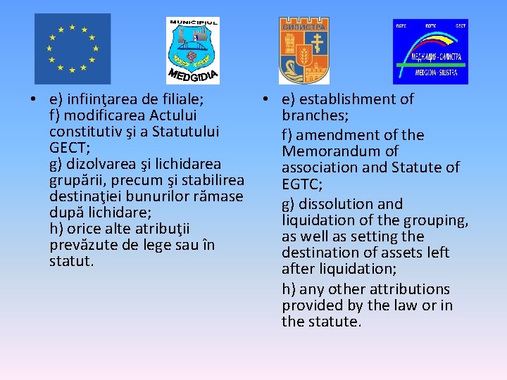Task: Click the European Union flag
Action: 73,49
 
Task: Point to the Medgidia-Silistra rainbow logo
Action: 430,51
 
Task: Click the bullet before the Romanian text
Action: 24,99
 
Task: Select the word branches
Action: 314,115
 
